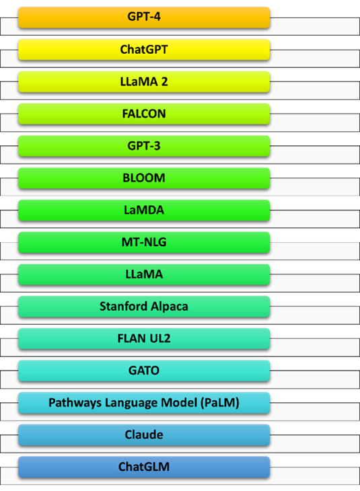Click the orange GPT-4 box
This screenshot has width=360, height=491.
tap(144, 17)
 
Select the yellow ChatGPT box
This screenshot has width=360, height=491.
tap(144, 50)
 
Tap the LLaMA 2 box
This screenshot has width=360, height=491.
tap(144, 82)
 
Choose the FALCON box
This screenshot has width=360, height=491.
tap(144, 114)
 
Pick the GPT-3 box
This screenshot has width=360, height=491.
tap(144, 146)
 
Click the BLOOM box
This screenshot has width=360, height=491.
tap(144, 178)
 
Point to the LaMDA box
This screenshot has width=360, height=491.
tap(144, 210)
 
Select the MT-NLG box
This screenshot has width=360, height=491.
tap(144, 242)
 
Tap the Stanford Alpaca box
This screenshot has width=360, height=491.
tap(144, 307)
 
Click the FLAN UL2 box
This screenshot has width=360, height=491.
tap(144, 338)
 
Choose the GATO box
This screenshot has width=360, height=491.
tap(144, 371)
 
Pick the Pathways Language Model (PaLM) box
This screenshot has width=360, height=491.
tap(144, 403)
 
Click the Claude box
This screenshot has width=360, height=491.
tap(144, 435)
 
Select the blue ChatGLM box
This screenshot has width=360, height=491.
tap(144, 467)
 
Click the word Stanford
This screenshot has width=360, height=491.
tap(124, 306)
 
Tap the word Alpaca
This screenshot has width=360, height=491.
tap(170, 307)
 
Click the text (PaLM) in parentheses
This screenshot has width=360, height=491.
tap(220, 403)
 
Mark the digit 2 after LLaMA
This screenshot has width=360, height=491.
tap(164, 82)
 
